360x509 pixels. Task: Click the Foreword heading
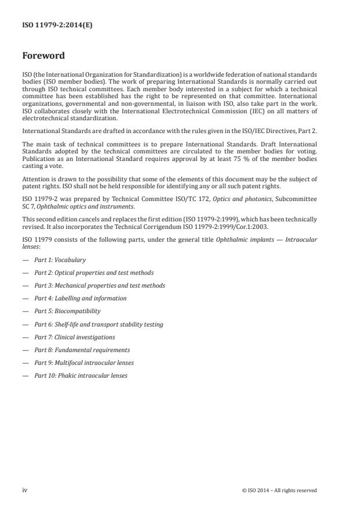tap(44, 56)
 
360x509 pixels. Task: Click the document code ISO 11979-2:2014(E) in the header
tap(49, 25)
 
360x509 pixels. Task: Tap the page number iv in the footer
tap(25, 490)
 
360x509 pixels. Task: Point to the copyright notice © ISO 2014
tap(279, 490)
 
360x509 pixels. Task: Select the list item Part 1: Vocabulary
tap(60, 260)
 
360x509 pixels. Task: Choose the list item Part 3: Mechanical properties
tap(99, 285)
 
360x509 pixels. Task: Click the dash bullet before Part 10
tap(25, 375)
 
